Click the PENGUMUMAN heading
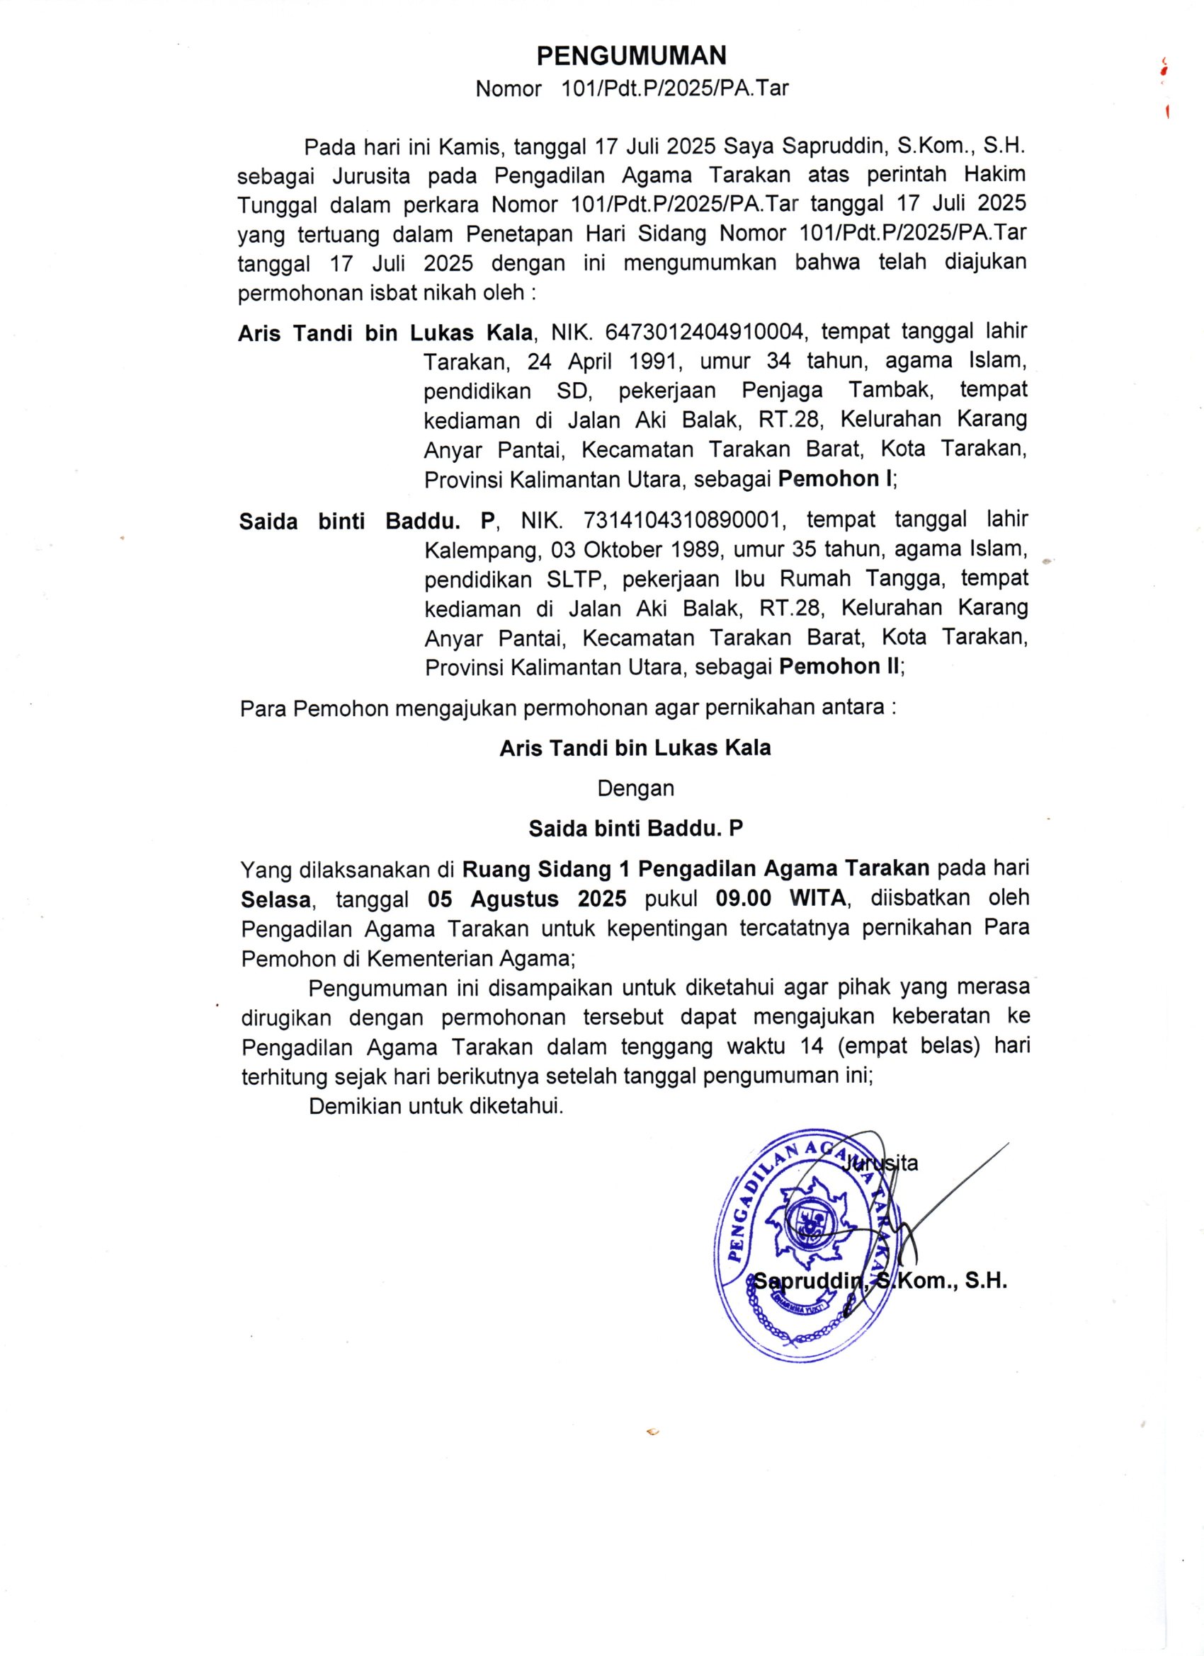(631, 55)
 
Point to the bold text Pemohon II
(839, 666)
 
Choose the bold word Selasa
(276, 899)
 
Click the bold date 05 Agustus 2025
(527, 899)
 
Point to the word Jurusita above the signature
(880, 1163)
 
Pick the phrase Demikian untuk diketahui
(436, 1106)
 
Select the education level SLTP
(574, 579)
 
